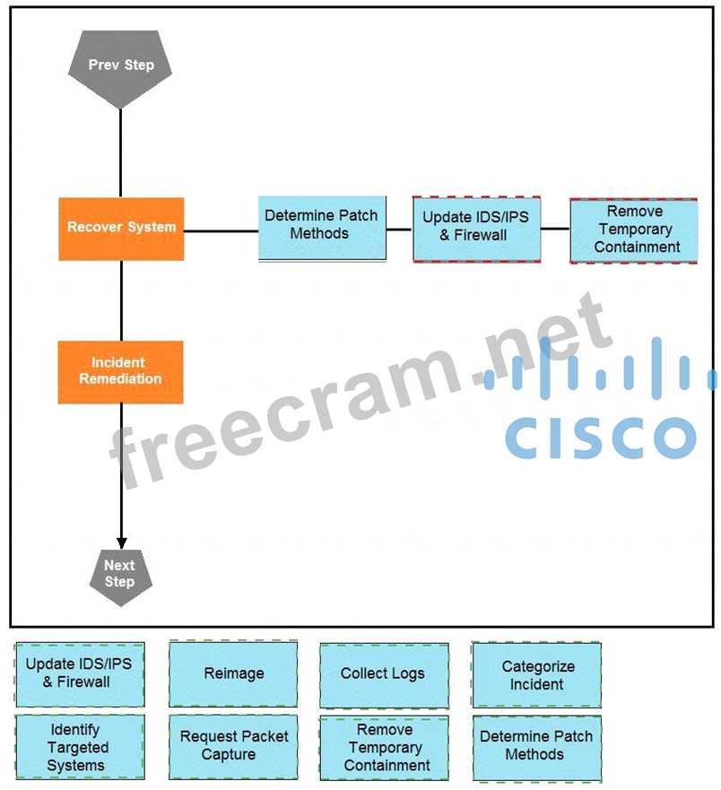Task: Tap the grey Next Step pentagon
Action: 120,575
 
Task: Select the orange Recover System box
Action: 121,229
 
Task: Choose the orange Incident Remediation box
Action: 121,371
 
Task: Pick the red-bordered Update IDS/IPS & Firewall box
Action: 476,229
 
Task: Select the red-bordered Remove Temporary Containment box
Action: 633,230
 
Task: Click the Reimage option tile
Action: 233,674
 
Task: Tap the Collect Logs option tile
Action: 384,674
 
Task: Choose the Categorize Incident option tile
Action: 536,674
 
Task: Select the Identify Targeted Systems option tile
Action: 80,747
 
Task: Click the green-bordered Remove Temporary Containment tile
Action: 384,747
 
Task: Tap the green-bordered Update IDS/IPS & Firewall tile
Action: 80,674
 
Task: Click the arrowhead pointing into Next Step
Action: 121,541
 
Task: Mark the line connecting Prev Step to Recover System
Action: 120,152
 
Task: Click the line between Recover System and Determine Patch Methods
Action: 222,230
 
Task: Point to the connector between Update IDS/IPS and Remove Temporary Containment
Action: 555,229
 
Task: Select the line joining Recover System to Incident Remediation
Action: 121,300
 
